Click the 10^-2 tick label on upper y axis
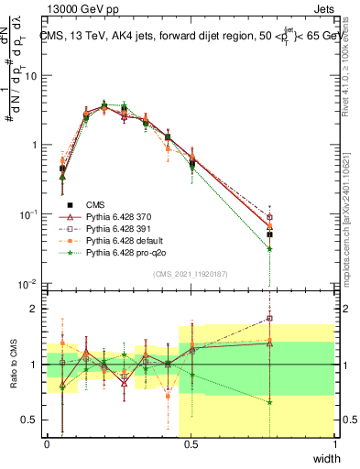30,284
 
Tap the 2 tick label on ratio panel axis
38,309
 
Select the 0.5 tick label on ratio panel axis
33,420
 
